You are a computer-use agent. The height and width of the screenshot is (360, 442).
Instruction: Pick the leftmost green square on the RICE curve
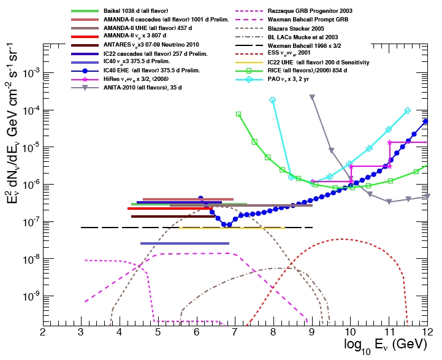tap(238, 114)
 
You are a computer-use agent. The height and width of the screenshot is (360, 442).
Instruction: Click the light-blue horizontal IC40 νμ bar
tap(185, 243)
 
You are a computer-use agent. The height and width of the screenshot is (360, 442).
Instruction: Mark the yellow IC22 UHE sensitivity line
tap(233, 228)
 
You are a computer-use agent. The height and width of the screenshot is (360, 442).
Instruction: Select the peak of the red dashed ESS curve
tap(342, 239)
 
